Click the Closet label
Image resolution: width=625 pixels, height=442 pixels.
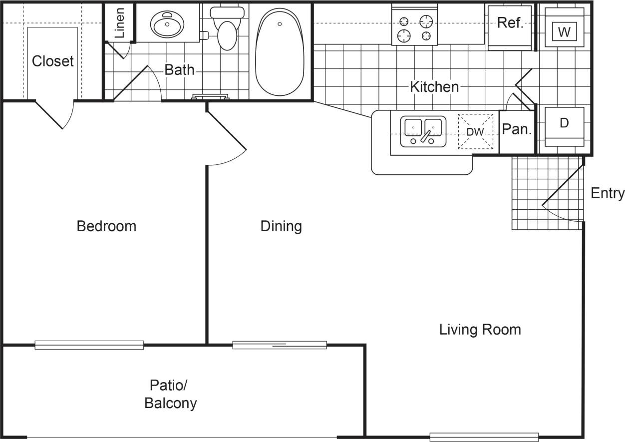[52, 61]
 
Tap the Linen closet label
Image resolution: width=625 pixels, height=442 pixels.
[119, 23]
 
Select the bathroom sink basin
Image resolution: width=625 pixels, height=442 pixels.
[167, 23]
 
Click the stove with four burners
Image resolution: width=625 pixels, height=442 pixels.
[414, 28]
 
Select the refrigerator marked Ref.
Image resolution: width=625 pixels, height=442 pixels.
[510, 27]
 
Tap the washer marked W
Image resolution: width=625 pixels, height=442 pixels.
[564, 31]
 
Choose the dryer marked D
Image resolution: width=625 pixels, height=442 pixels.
[564, 125]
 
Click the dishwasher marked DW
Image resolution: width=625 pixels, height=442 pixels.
[476, 132]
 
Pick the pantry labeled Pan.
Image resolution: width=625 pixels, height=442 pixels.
[517, 130]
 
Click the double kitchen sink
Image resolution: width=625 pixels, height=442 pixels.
[423, 131]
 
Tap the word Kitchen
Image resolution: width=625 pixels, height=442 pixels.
[434, 87]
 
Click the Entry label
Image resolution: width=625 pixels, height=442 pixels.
[607, 193]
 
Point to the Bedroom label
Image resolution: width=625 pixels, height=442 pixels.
[106, 226]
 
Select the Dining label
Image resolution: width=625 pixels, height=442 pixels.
[281, 226]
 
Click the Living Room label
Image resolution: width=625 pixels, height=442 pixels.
[480, 330]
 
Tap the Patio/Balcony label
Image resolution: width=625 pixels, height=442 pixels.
[170, 394]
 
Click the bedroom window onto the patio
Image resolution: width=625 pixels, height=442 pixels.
[89, 345]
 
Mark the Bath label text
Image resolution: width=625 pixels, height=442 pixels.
[179, 69]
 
